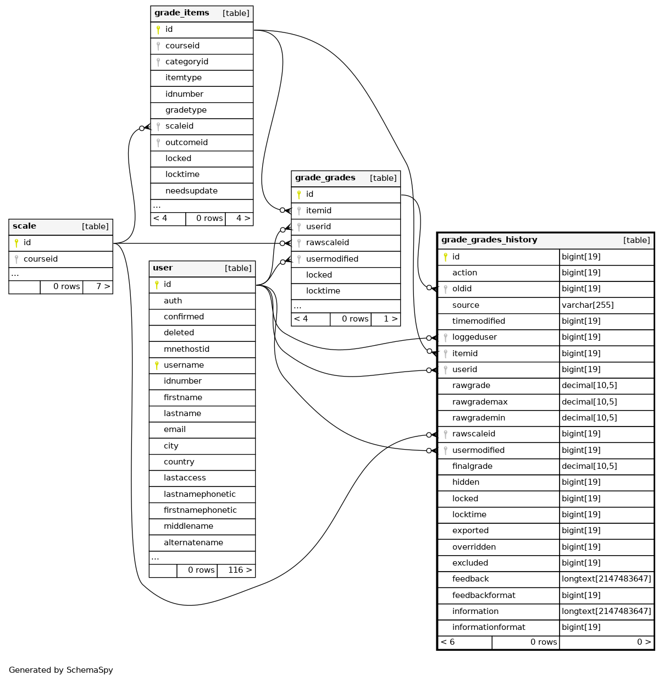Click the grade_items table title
(181, 13)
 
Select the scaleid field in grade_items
(179, 126)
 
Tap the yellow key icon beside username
(157, 366)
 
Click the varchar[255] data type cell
(588, 305)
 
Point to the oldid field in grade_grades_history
(462, 289)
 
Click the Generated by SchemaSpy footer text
(61, 670)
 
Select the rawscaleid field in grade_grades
(327, 242)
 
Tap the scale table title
(25, 226)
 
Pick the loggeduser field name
(474, 337)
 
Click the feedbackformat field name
(484, 595)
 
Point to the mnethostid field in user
(186, 349)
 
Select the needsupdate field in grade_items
(191, 191)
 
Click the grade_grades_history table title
(489, 240)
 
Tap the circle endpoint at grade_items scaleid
(142, 129)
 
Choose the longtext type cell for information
(606, 611)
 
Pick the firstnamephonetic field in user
(200, 510)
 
